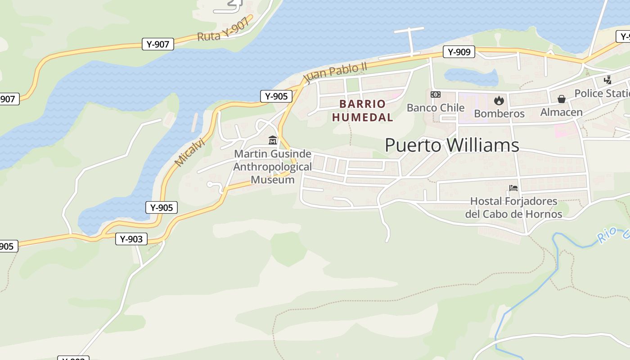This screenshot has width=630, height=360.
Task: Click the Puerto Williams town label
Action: (452, 145)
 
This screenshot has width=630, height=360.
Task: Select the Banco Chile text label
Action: (435, 108)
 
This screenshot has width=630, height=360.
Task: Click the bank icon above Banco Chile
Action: (435, 94)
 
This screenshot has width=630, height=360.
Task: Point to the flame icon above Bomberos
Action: (499, 100)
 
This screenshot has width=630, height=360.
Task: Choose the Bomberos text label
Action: (499, 113)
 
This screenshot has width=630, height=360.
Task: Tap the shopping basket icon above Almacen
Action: (561, 99)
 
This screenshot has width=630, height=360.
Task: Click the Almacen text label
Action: (561, 112)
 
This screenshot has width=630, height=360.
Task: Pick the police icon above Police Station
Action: (607, 80)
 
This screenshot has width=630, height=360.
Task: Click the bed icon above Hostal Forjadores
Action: (513, 188)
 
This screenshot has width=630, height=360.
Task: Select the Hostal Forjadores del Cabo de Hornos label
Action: (513, 207)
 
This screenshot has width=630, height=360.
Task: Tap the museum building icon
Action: (272, 140)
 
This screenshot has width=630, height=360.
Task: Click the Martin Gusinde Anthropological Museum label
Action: (273, 167)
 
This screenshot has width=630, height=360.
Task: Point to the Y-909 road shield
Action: (459, 52)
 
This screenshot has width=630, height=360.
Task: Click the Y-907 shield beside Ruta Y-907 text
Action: (158, 44)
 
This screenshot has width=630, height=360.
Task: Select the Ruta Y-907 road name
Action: (223, 31)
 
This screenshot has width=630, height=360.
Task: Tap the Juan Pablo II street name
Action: (335, 73)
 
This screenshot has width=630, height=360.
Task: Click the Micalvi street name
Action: (189, 152)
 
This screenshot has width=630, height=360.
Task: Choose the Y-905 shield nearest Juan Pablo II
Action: (276, 96)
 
